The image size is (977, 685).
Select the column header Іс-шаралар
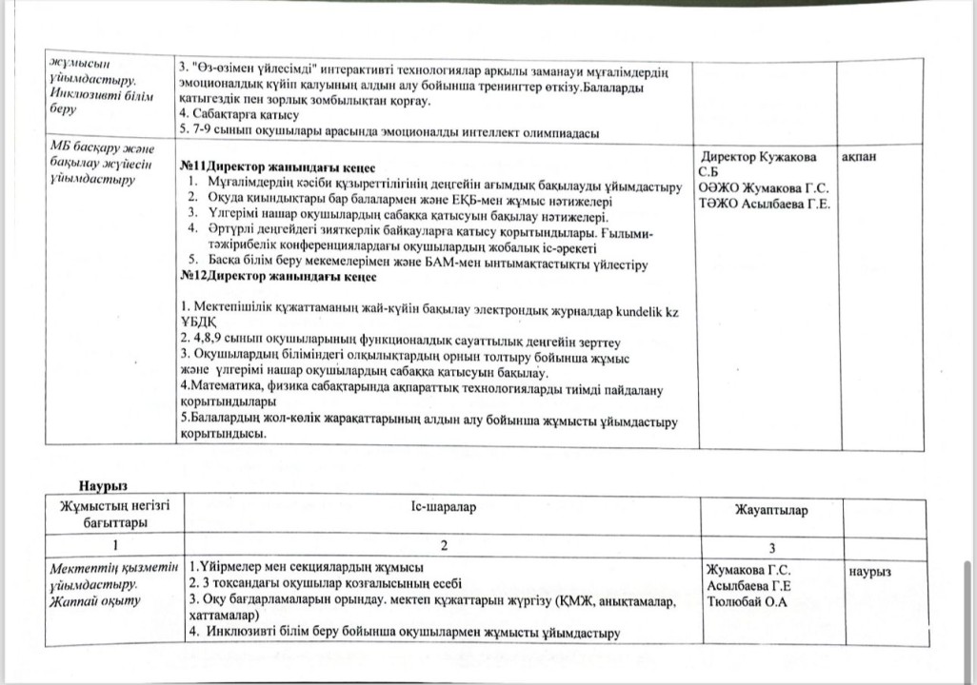point(439,508)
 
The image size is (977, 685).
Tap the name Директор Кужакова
point(758,156)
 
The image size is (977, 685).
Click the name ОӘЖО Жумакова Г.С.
point(763,187)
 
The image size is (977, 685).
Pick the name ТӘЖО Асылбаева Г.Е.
point(764,204)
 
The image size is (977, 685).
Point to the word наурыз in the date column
point(869,571)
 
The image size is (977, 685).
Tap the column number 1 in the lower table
point(114,547)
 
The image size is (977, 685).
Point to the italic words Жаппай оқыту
point(94,600)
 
